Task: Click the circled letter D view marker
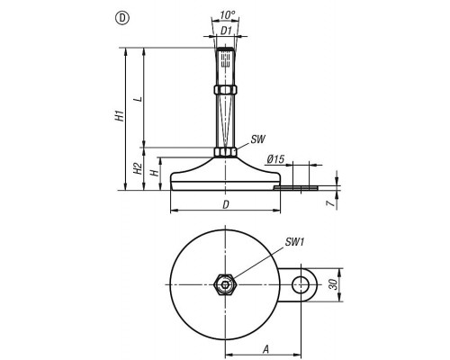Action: point(121,18)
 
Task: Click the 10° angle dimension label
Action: point(227,15)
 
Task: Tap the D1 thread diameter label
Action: point(227,31)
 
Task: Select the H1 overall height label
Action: point(120,115)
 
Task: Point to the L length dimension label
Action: point(139,99)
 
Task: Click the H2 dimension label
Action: point(138,168)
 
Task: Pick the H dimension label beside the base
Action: point(154,173)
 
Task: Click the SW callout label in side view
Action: point(258,139)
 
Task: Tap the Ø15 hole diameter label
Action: point(275,159)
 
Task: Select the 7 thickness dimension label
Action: point(330,203)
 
